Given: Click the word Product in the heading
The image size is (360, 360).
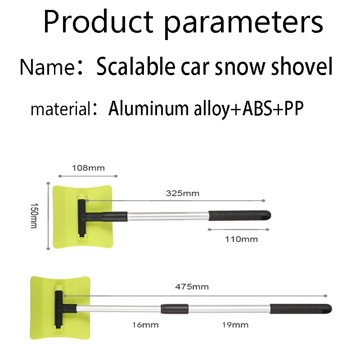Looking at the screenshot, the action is [98, 21].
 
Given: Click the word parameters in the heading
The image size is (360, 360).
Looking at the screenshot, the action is [244, 25].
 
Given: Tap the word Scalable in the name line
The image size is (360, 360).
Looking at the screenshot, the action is [136, 66].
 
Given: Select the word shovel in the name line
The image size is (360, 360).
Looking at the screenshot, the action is [301, 66].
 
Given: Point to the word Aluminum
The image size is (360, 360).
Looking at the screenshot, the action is [148, 108].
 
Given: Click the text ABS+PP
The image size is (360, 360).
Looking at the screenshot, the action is [273, 108].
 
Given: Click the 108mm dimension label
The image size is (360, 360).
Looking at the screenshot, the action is [88, 168].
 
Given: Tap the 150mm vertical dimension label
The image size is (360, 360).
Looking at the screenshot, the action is [34, 216].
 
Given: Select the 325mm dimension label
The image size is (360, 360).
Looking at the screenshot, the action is [183, 193].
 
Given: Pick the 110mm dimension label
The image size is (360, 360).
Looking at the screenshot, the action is [241, 239].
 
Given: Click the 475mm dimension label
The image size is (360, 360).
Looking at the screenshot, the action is [192, 287].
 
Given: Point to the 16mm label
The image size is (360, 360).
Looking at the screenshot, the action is [145, 325].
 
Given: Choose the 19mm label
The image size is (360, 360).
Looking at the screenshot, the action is [235, 325].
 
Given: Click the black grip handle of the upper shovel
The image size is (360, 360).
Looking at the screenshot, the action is [240, 216].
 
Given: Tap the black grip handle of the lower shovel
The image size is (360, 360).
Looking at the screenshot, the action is [301, 309].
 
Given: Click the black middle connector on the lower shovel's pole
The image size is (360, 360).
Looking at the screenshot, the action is [175, 309].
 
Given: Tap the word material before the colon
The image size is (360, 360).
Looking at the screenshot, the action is [61, 109].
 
